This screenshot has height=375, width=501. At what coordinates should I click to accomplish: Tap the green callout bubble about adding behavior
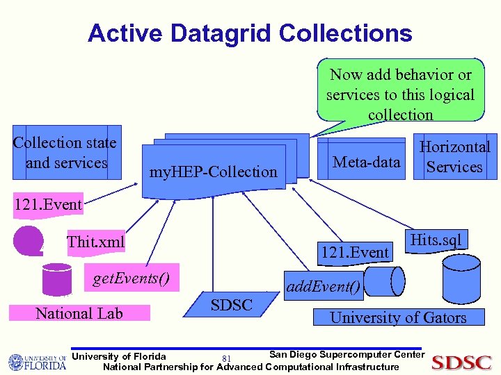(400, 94)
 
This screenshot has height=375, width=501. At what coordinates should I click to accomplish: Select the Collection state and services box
(66, 153)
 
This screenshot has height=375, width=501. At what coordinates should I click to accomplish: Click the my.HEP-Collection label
(214, 172)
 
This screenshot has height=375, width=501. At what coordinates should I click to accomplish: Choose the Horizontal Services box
(454, 157)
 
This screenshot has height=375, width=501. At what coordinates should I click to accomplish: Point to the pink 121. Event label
(47, 204)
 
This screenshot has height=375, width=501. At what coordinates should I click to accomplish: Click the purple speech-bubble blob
(29, 241)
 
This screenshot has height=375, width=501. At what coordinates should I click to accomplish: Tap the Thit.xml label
(95, 242)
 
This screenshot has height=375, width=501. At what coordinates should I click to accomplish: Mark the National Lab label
(79, 313)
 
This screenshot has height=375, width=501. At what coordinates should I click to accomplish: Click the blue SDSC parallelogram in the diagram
(231, 305)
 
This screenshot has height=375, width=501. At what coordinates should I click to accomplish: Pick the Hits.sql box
(436, 240)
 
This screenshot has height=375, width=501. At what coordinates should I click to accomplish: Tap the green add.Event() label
(323, 285)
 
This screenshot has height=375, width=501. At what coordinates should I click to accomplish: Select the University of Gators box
(398, 317)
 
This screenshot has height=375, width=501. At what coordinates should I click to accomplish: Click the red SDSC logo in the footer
(462, 361)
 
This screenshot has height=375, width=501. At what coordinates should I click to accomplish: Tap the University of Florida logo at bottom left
(37, 361)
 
